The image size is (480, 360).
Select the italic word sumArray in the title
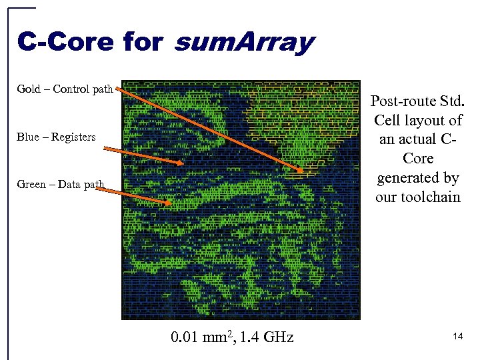point(243,42)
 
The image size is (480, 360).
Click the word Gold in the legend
point(28,89)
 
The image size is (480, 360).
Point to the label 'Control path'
point(83,89)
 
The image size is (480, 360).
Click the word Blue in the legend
point(28,137)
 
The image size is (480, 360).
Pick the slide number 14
point(457,337)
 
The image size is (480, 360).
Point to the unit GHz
point(279,337)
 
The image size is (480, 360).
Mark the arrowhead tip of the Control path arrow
point(302,172)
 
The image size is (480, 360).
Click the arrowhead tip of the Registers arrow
point(183,163)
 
